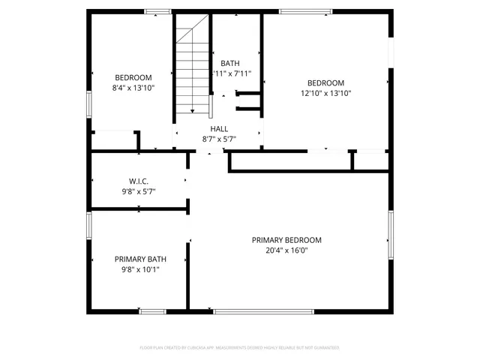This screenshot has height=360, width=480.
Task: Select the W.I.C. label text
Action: [x=138, y=181]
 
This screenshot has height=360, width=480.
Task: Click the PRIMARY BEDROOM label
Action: [x=286, y=240]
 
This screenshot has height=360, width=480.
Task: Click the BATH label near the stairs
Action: [x=230, y=63]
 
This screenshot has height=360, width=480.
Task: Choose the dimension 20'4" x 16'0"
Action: [x=286, y=250]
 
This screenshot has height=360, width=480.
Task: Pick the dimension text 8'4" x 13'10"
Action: [x=133, y=88]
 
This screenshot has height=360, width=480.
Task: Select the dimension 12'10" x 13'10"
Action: [x=326, y=94]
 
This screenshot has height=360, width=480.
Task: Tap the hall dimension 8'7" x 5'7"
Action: [x=219, y=139]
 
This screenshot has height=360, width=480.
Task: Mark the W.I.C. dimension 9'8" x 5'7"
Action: [x=138, y=192]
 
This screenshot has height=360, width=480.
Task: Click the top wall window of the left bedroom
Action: [x=157, y=11]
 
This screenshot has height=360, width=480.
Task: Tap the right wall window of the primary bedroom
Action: [x=390, y=234]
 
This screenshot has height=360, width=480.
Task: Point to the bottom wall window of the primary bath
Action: [x=152, y=310]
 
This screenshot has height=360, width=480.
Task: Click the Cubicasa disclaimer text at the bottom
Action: [x=240, y=348]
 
